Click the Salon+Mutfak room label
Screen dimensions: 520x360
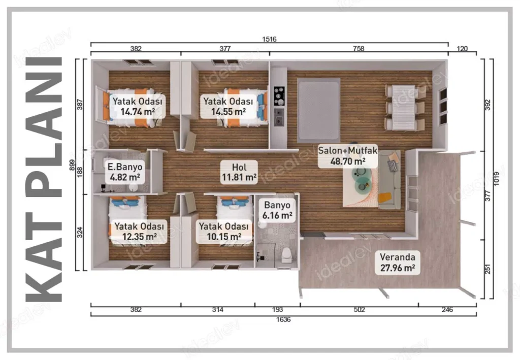click(348, 156)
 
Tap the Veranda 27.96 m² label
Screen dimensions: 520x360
click(398, 262)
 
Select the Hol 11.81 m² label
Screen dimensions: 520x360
click(239, 172)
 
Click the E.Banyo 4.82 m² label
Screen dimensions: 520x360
click(125, 172)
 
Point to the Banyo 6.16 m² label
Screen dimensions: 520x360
click(277, 210)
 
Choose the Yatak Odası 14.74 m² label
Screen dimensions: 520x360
click(138, 106)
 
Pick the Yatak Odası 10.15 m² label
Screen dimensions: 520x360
click(224, 232)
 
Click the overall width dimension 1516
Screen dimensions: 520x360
click(269, 39)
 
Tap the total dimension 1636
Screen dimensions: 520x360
click(283, 319)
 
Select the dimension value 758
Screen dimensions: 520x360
click(359, 49)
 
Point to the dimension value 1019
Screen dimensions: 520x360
click(496, 179)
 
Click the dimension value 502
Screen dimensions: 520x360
click(359, 310)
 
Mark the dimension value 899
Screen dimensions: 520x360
click(72, 165)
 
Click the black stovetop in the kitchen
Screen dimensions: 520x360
click(279, 96)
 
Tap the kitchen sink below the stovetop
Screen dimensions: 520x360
click(279, 117)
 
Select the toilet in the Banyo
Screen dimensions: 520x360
click(286, 255)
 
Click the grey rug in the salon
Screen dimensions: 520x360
click(319, 110)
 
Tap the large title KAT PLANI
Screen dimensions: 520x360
click(44, 179)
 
